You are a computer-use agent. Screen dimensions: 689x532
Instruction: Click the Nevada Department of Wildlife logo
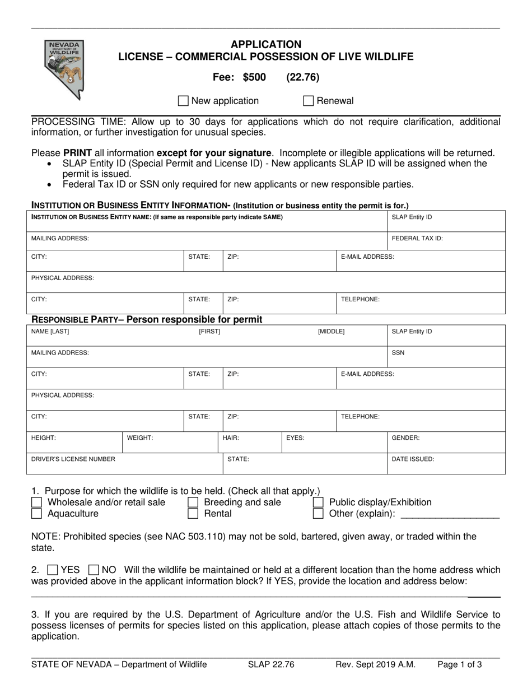64,69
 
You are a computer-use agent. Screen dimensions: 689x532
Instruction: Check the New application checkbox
183,101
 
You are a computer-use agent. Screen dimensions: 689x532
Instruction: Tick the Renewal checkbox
308,101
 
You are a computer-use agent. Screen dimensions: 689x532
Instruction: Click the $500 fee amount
254,77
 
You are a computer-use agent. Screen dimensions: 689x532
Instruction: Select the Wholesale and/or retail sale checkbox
37,502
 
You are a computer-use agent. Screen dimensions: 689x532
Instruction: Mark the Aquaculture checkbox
37,514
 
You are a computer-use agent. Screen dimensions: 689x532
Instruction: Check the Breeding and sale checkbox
193,502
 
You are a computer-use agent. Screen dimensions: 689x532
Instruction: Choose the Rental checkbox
193,514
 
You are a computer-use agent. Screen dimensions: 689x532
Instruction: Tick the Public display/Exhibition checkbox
318,502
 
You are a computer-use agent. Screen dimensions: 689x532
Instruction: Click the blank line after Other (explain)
451,514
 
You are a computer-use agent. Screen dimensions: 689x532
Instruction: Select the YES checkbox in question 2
53,570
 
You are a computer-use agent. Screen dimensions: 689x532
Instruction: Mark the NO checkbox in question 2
95,570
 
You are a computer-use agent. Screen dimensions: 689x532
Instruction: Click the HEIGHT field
76,442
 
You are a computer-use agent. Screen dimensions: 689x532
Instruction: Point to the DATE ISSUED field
446,463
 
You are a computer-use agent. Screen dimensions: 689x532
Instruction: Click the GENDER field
446,442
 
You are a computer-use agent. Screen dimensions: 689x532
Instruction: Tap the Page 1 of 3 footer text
459,665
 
